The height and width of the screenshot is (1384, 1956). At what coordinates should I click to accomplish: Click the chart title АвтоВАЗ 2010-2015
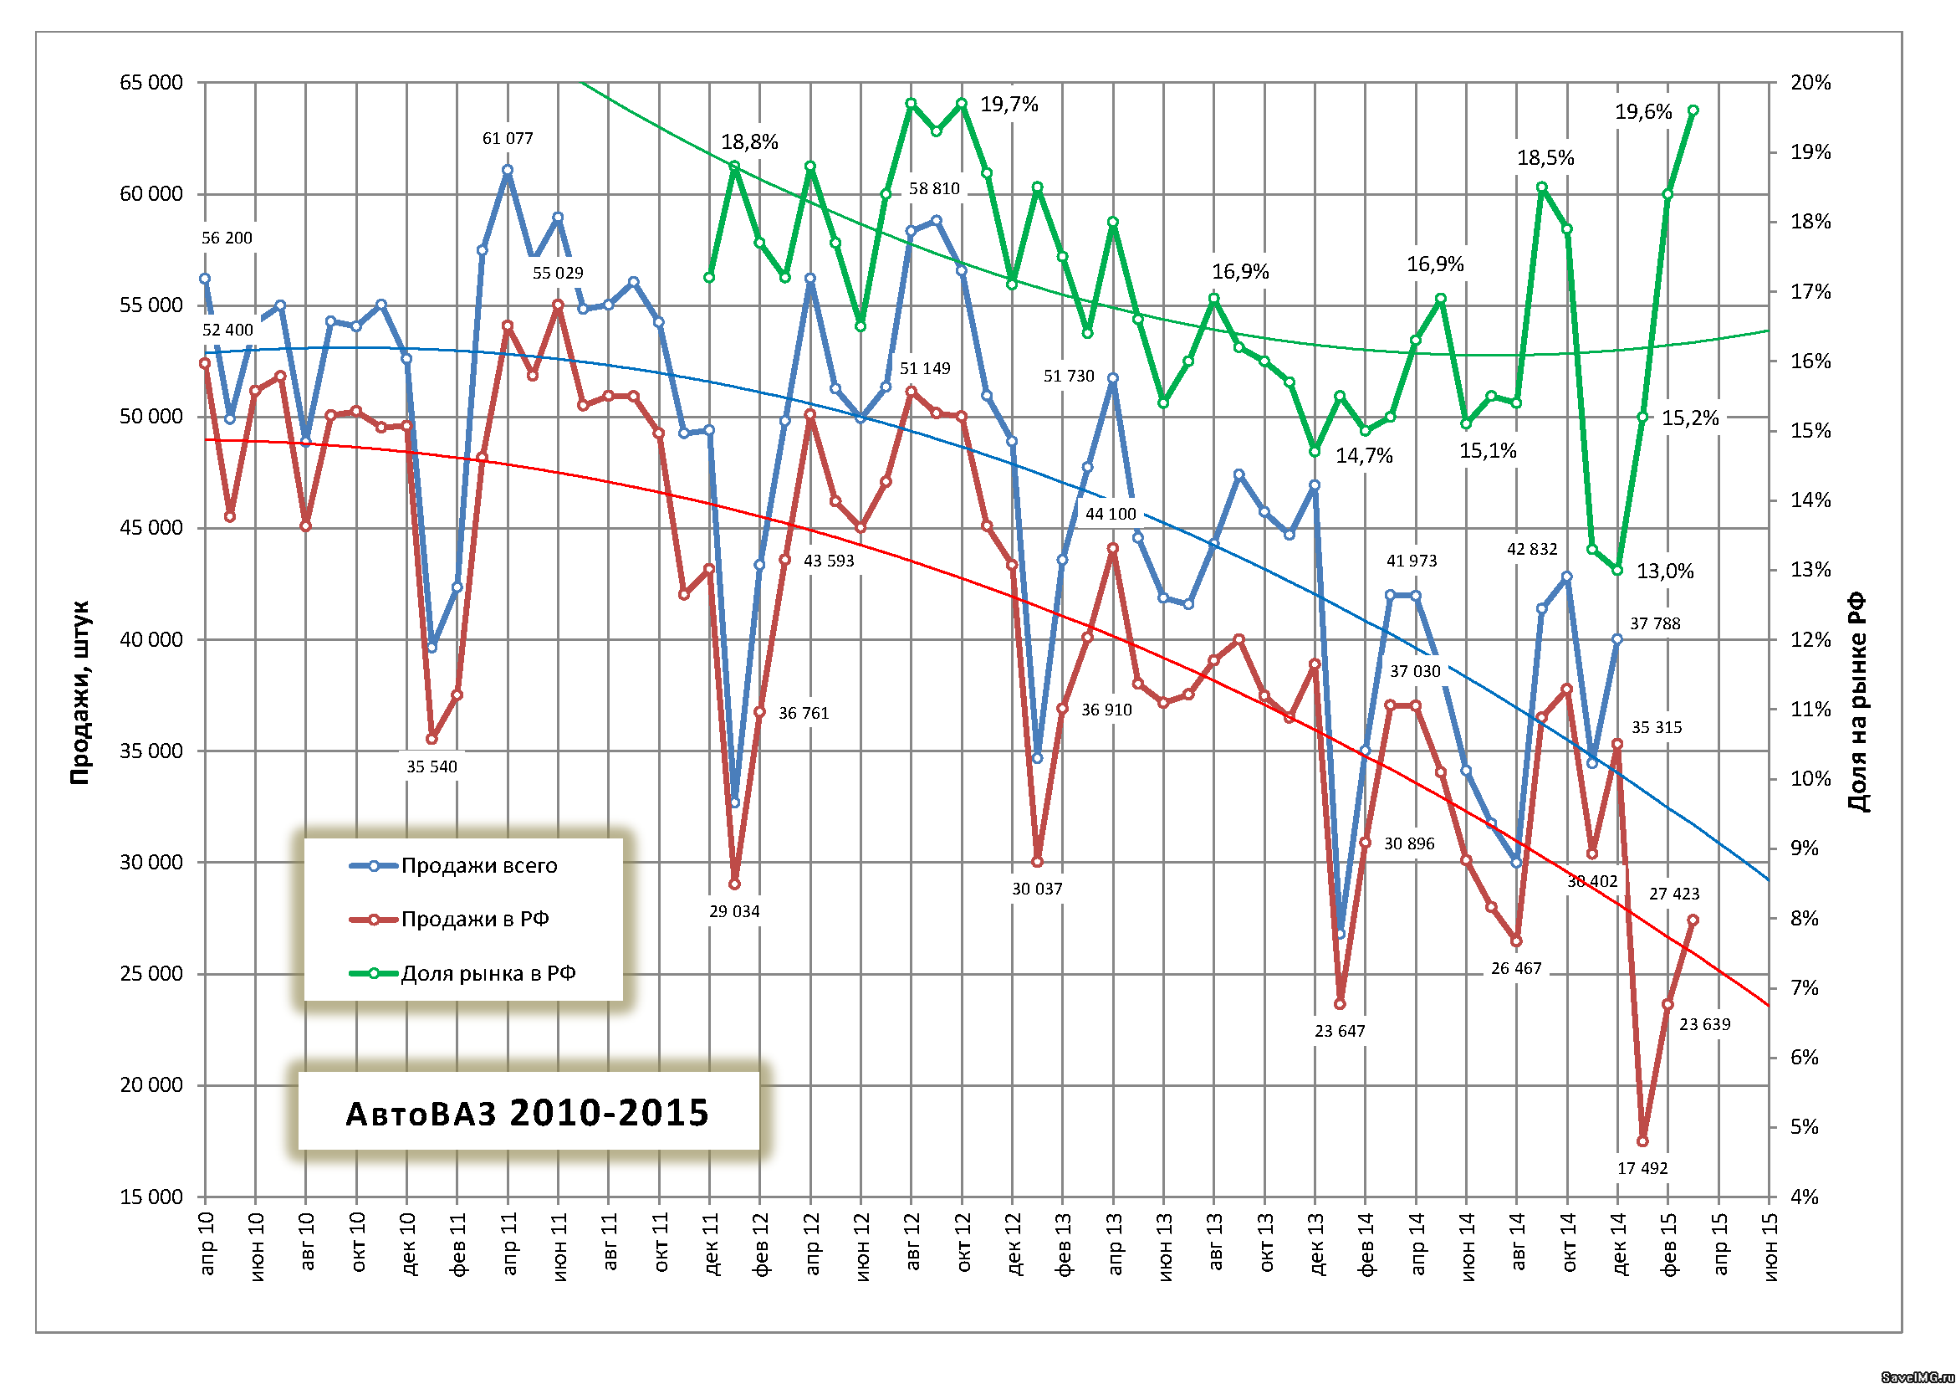pyautogui.click(x=528, y=1113)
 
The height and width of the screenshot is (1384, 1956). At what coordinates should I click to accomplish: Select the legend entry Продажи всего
pyautogui.click(x=479, y=866)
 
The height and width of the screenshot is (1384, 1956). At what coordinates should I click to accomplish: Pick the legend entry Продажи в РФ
pyautogui.click(x=474, y=920)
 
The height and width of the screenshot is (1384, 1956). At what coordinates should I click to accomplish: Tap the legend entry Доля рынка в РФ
pyautogui.click(x=488, y=974)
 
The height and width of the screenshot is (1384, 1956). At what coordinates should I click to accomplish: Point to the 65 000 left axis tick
pyautogui.click(x=151, y=83)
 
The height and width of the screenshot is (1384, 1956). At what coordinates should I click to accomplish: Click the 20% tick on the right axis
pyautogui.click(x=1810, y=83)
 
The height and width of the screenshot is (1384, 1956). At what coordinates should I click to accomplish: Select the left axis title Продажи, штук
pyautogui.click(x=79, y=693)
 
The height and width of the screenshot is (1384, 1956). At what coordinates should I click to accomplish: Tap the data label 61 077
pyautogui.click(x=508, y=138)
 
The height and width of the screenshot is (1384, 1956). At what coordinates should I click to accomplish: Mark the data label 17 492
pyautogui.click(x=1642, y=1168)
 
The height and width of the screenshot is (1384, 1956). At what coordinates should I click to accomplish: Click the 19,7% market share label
pyautogui.click(x=1009, y=104)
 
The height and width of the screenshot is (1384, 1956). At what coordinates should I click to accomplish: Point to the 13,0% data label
pyautogui.click(x=1665, y=571)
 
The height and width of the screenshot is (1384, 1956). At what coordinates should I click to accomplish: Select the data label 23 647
pyautogui.click(x=1339, y=1031)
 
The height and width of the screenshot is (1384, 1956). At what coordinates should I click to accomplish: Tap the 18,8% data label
pyautogui.click(x=749, y=141)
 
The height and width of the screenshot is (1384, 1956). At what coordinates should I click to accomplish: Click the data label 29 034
pyautogui.click(x=734, y=911)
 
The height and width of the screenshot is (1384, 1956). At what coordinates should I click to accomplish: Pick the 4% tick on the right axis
pyautogui.click(x=1805, y=1197)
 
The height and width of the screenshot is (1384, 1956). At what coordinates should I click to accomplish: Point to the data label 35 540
pyautogui.click(x=431, y=766)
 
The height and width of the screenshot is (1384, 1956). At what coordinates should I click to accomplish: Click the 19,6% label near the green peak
pyautogui.click(x=1643, y=111)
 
